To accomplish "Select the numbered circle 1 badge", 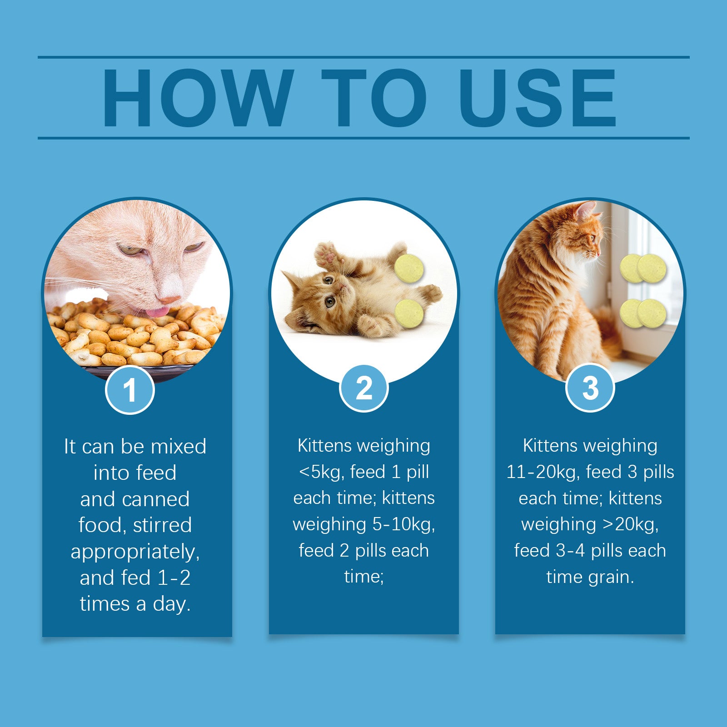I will (x=130, y=390).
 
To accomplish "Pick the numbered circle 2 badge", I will (x=363, y=388).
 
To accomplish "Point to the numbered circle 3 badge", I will (x=590, y=388).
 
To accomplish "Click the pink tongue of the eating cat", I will (x=157, y=312).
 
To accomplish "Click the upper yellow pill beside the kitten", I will (x=409, y=268).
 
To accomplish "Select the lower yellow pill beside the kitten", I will (x=409, y=313).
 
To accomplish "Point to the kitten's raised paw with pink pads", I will (x=328, y=254).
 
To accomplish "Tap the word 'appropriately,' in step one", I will (x=135, y=552).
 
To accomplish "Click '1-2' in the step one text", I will (x=174, y=578).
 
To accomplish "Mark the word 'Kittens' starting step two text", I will (x=324, y=446).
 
